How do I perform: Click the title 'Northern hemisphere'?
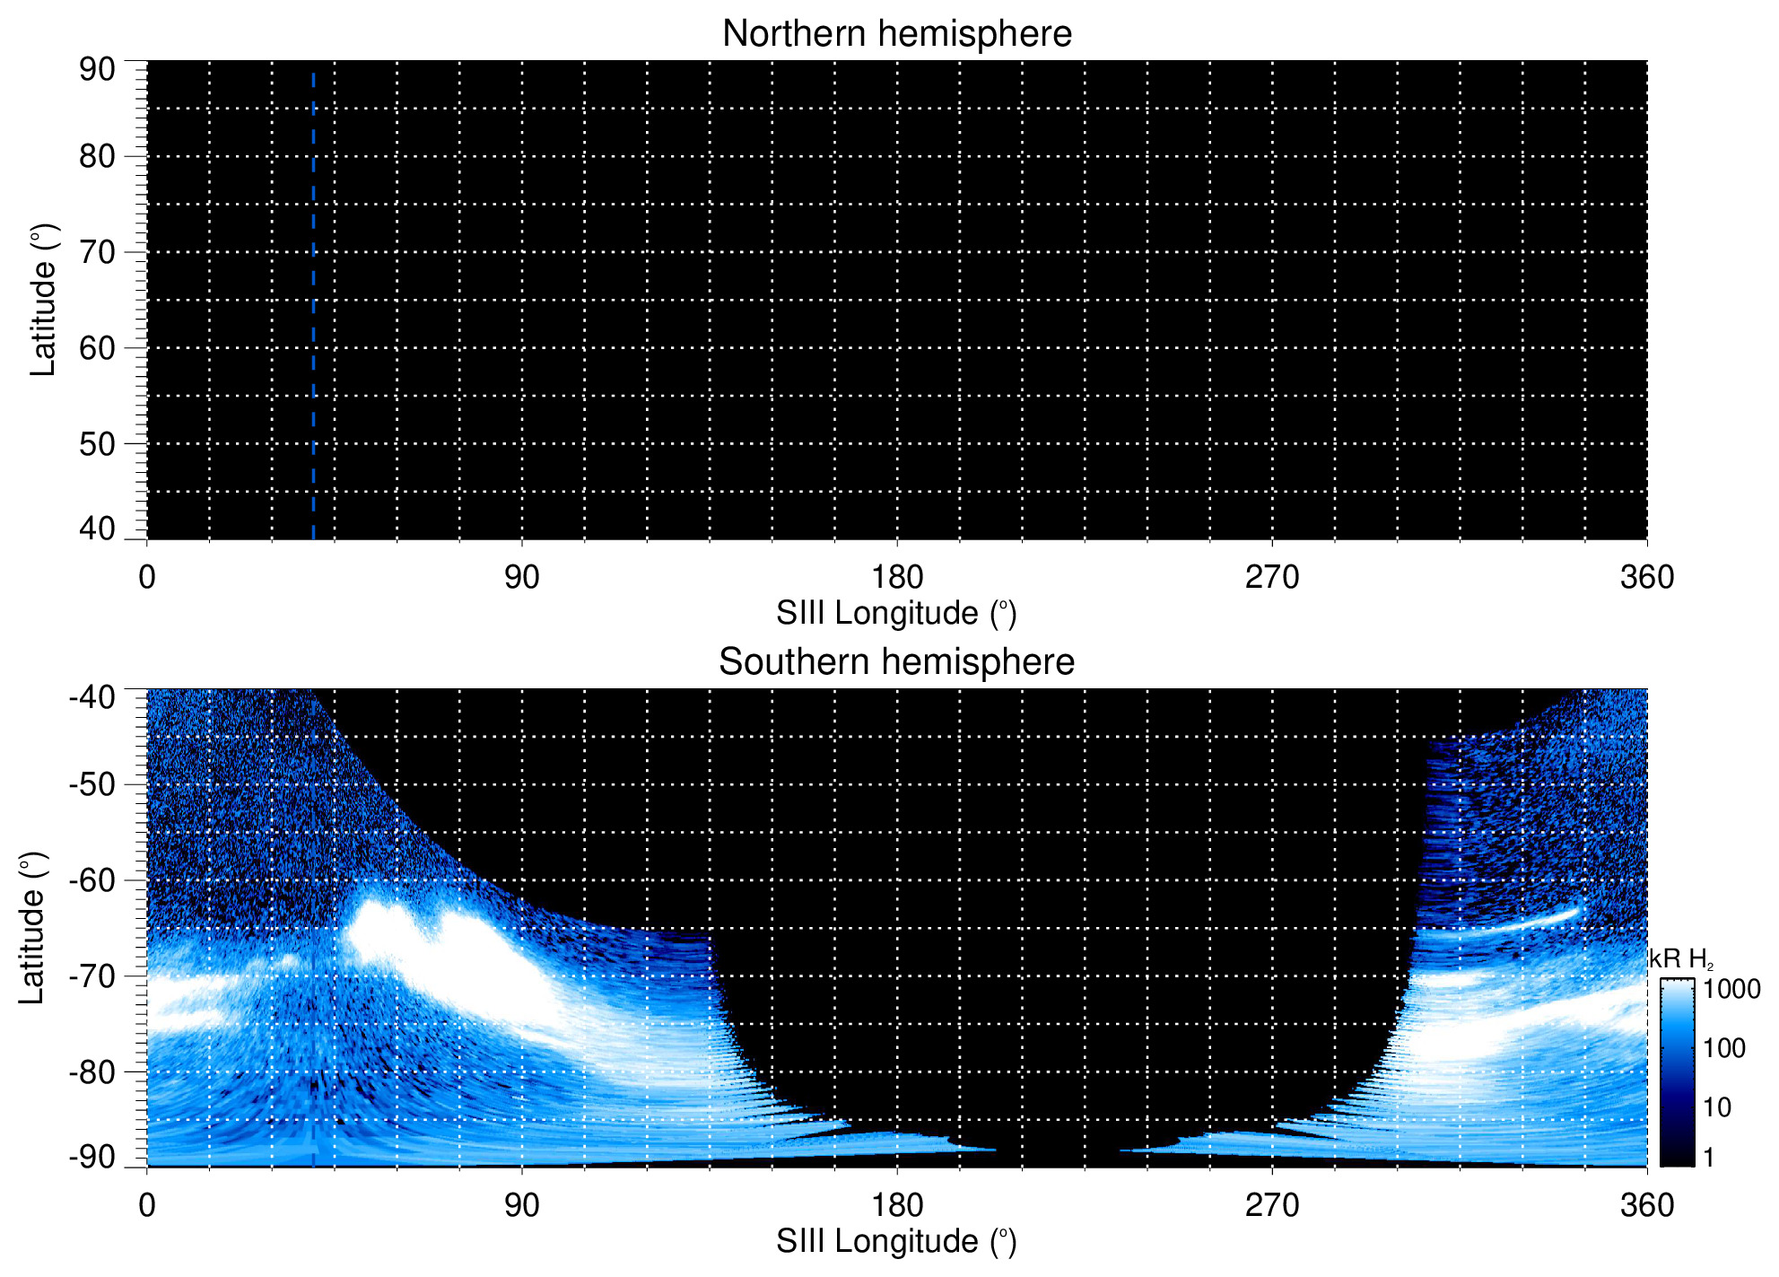tap(896, 34)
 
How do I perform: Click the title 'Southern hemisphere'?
tap(896, 662)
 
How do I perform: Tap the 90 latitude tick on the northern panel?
tap(97, 70)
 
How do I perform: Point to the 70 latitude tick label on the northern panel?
tap(97, 253)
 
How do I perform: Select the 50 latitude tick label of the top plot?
tap(97, 444)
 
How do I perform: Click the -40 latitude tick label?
tap(92, 697)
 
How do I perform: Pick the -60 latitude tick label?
tap(92, 880)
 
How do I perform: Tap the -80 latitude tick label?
tap(92, 1072)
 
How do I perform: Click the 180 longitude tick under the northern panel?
tap(897, 577)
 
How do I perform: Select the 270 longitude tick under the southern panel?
tap(1272, 1205)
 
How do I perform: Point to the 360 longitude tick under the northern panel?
tap(1647, 577)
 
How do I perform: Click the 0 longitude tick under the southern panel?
tap(147, 1205)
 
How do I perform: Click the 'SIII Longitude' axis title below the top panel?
tap(896, 614)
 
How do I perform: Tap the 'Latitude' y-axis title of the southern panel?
tap(32, 928)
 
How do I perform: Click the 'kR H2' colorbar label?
tap(1680, 960)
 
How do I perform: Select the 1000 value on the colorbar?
tap(1731, 990)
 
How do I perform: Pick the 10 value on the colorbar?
tap(1717, 1108)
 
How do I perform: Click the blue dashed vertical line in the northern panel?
tap(313, 305)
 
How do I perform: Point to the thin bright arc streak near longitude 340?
tap(1525, 923)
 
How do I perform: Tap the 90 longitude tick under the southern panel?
tap(522, 1205)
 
